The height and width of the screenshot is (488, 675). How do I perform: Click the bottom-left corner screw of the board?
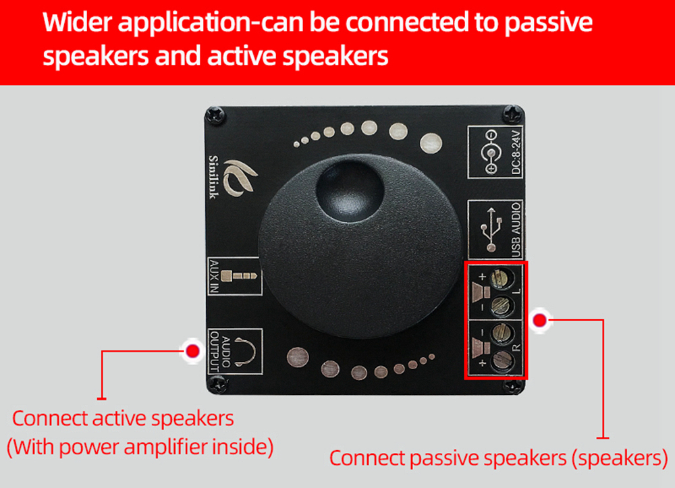pyautogui.click(x=216, y=385)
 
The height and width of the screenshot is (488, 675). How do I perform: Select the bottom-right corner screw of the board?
pyautogui.click(x=515, y=387)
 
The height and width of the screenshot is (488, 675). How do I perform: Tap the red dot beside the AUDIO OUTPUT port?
pyautogui.click(x=192, y=350)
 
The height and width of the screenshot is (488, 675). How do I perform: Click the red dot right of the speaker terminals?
pyautogui.click(x=539, y=319)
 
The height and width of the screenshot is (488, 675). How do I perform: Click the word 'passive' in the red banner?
pyautogui.click(x=544, y=22)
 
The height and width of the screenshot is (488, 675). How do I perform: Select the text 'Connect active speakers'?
pyautogui.click(x=123, y=418)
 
